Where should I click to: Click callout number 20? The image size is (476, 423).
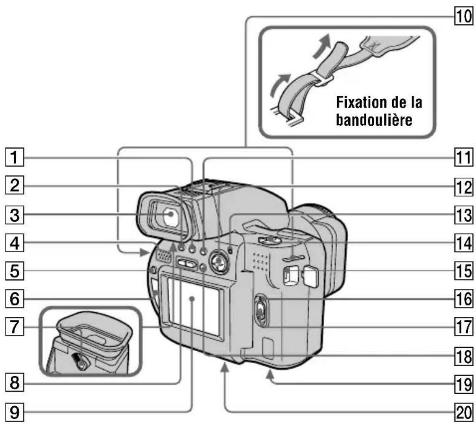(464, 410)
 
